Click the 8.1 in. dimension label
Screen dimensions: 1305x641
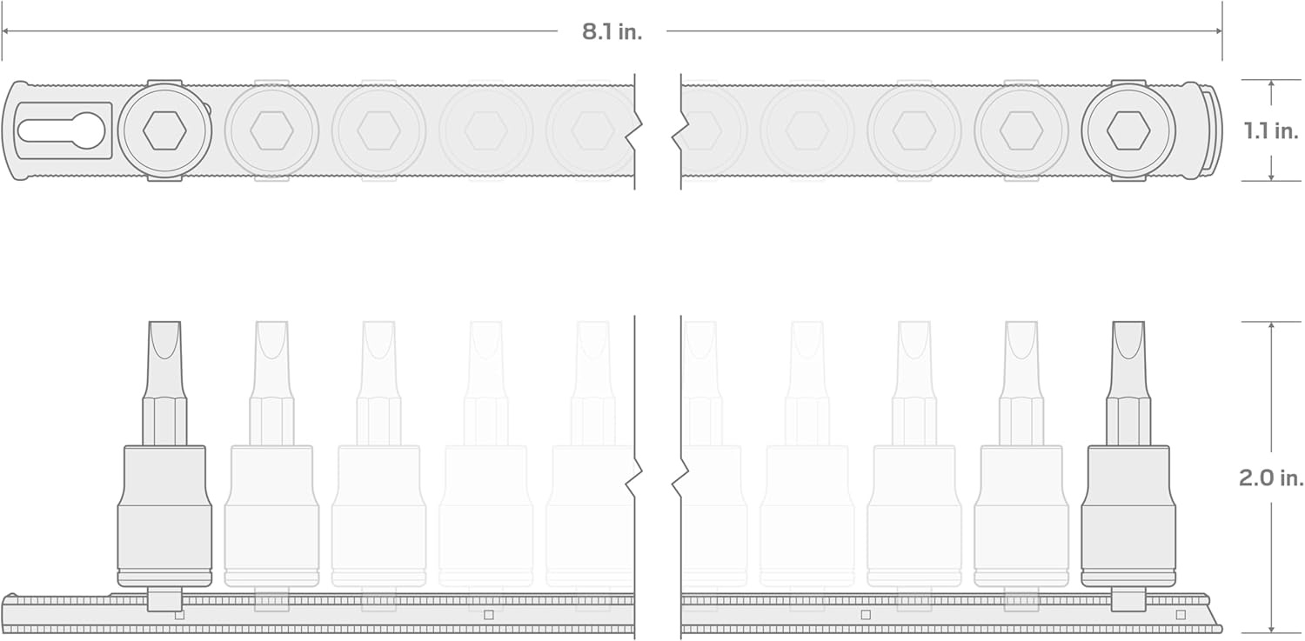tap(612, 32)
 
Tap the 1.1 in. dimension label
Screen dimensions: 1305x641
tap(1271, 131)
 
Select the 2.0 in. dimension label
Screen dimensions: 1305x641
tap(1271, 478)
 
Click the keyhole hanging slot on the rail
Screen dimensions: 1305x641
tap(61, 130)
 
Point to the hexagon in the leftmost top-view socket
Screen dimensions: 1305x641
tap(165, 131)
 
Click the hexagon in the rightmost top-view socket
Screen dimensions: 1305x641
tap(1128, 131)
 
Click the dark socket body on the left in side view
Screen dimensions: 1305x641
tap(165, 516)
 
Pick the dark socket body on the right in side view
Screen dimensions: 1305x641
tap(1128, 516)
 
